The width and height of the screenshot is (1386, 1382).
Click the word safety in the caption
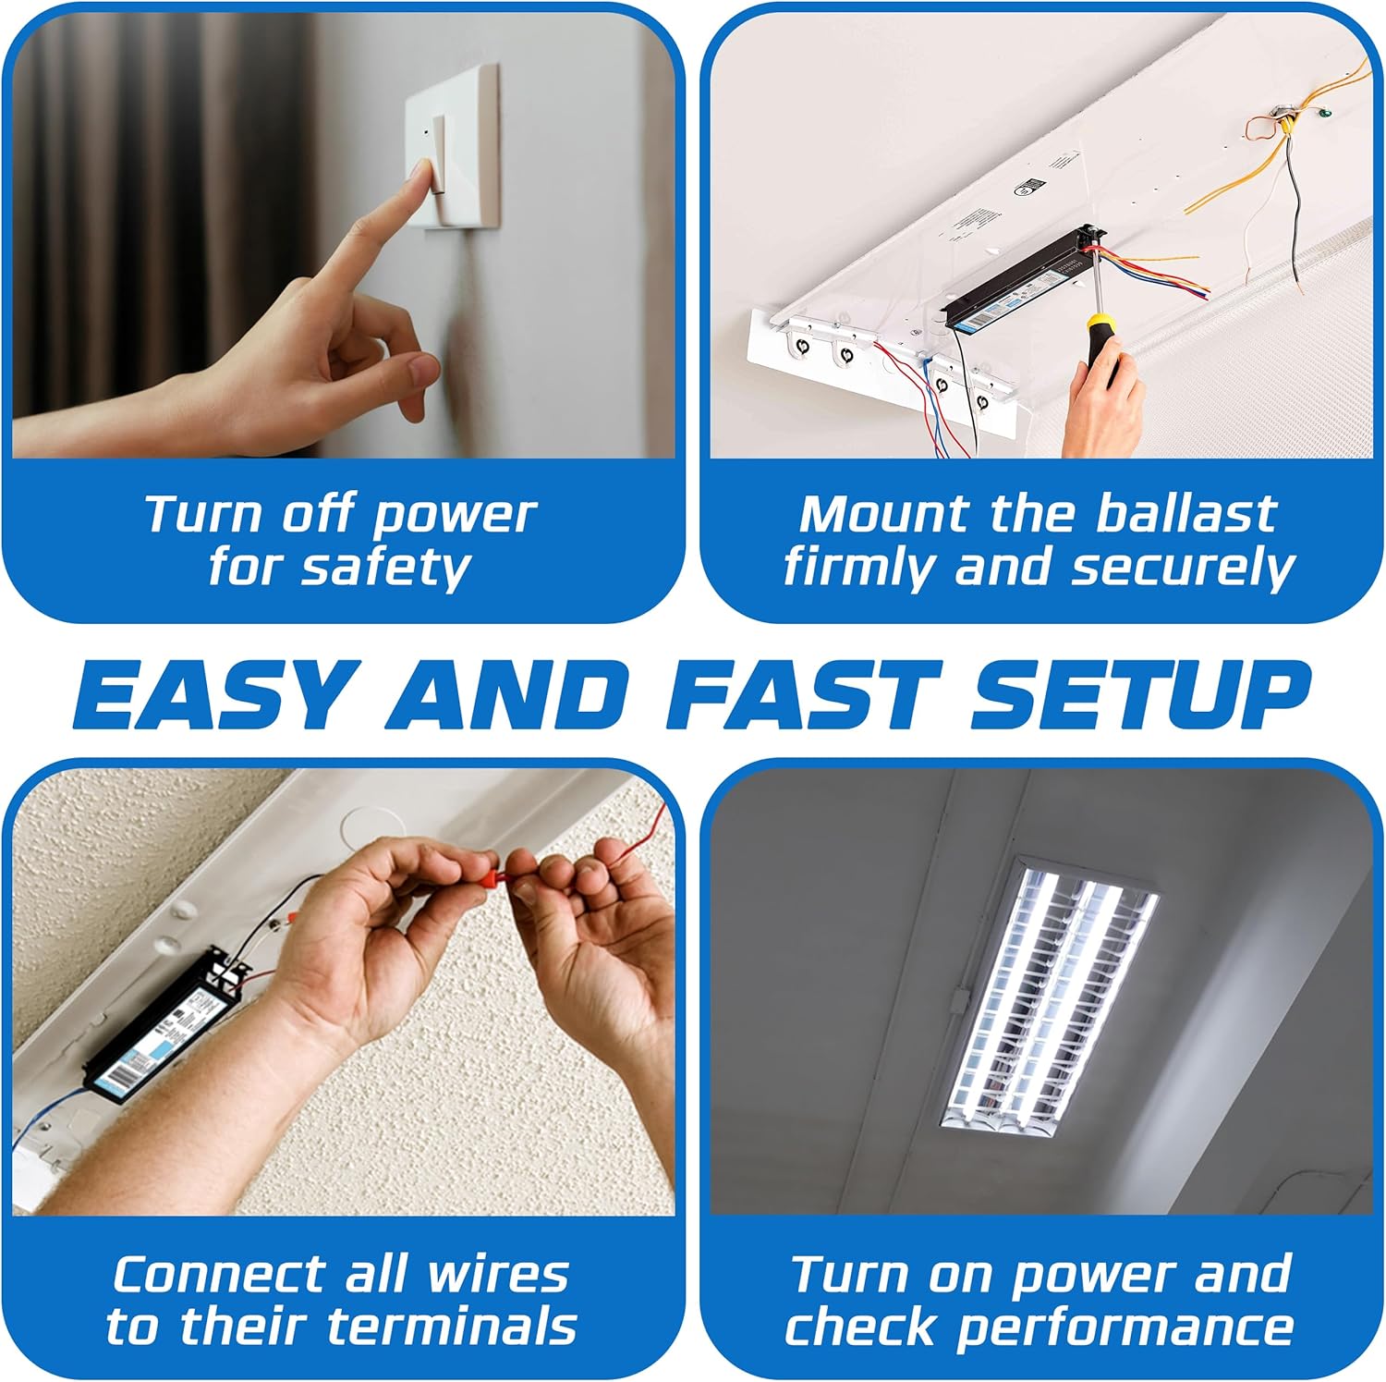coord(386,568)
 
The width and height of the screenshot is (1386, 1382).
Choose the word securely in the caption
coord(1183,568)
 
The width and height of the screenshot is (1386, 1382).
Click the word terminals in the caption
coord(453,1327)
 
